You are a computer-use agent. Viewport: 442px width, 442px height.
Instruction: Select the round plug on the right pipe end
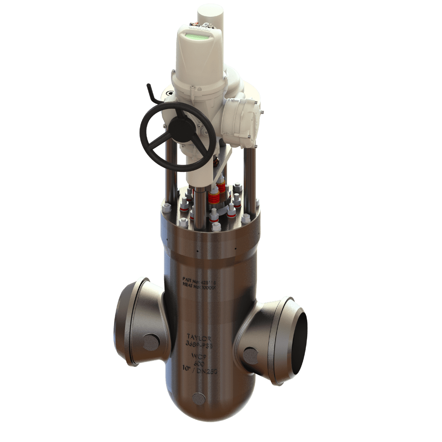click(251, 354)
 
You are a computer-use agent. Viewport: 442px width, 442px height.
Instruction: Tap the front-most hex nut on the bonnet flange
click(216, 227)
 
